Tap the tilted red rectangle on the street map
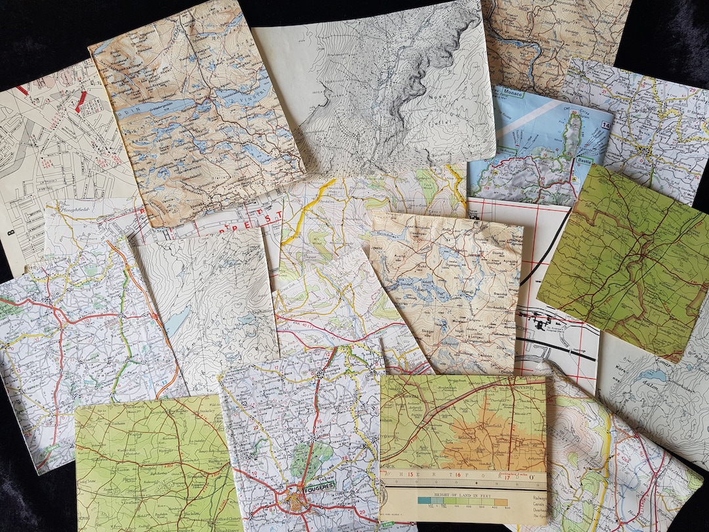pos(80,99)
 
